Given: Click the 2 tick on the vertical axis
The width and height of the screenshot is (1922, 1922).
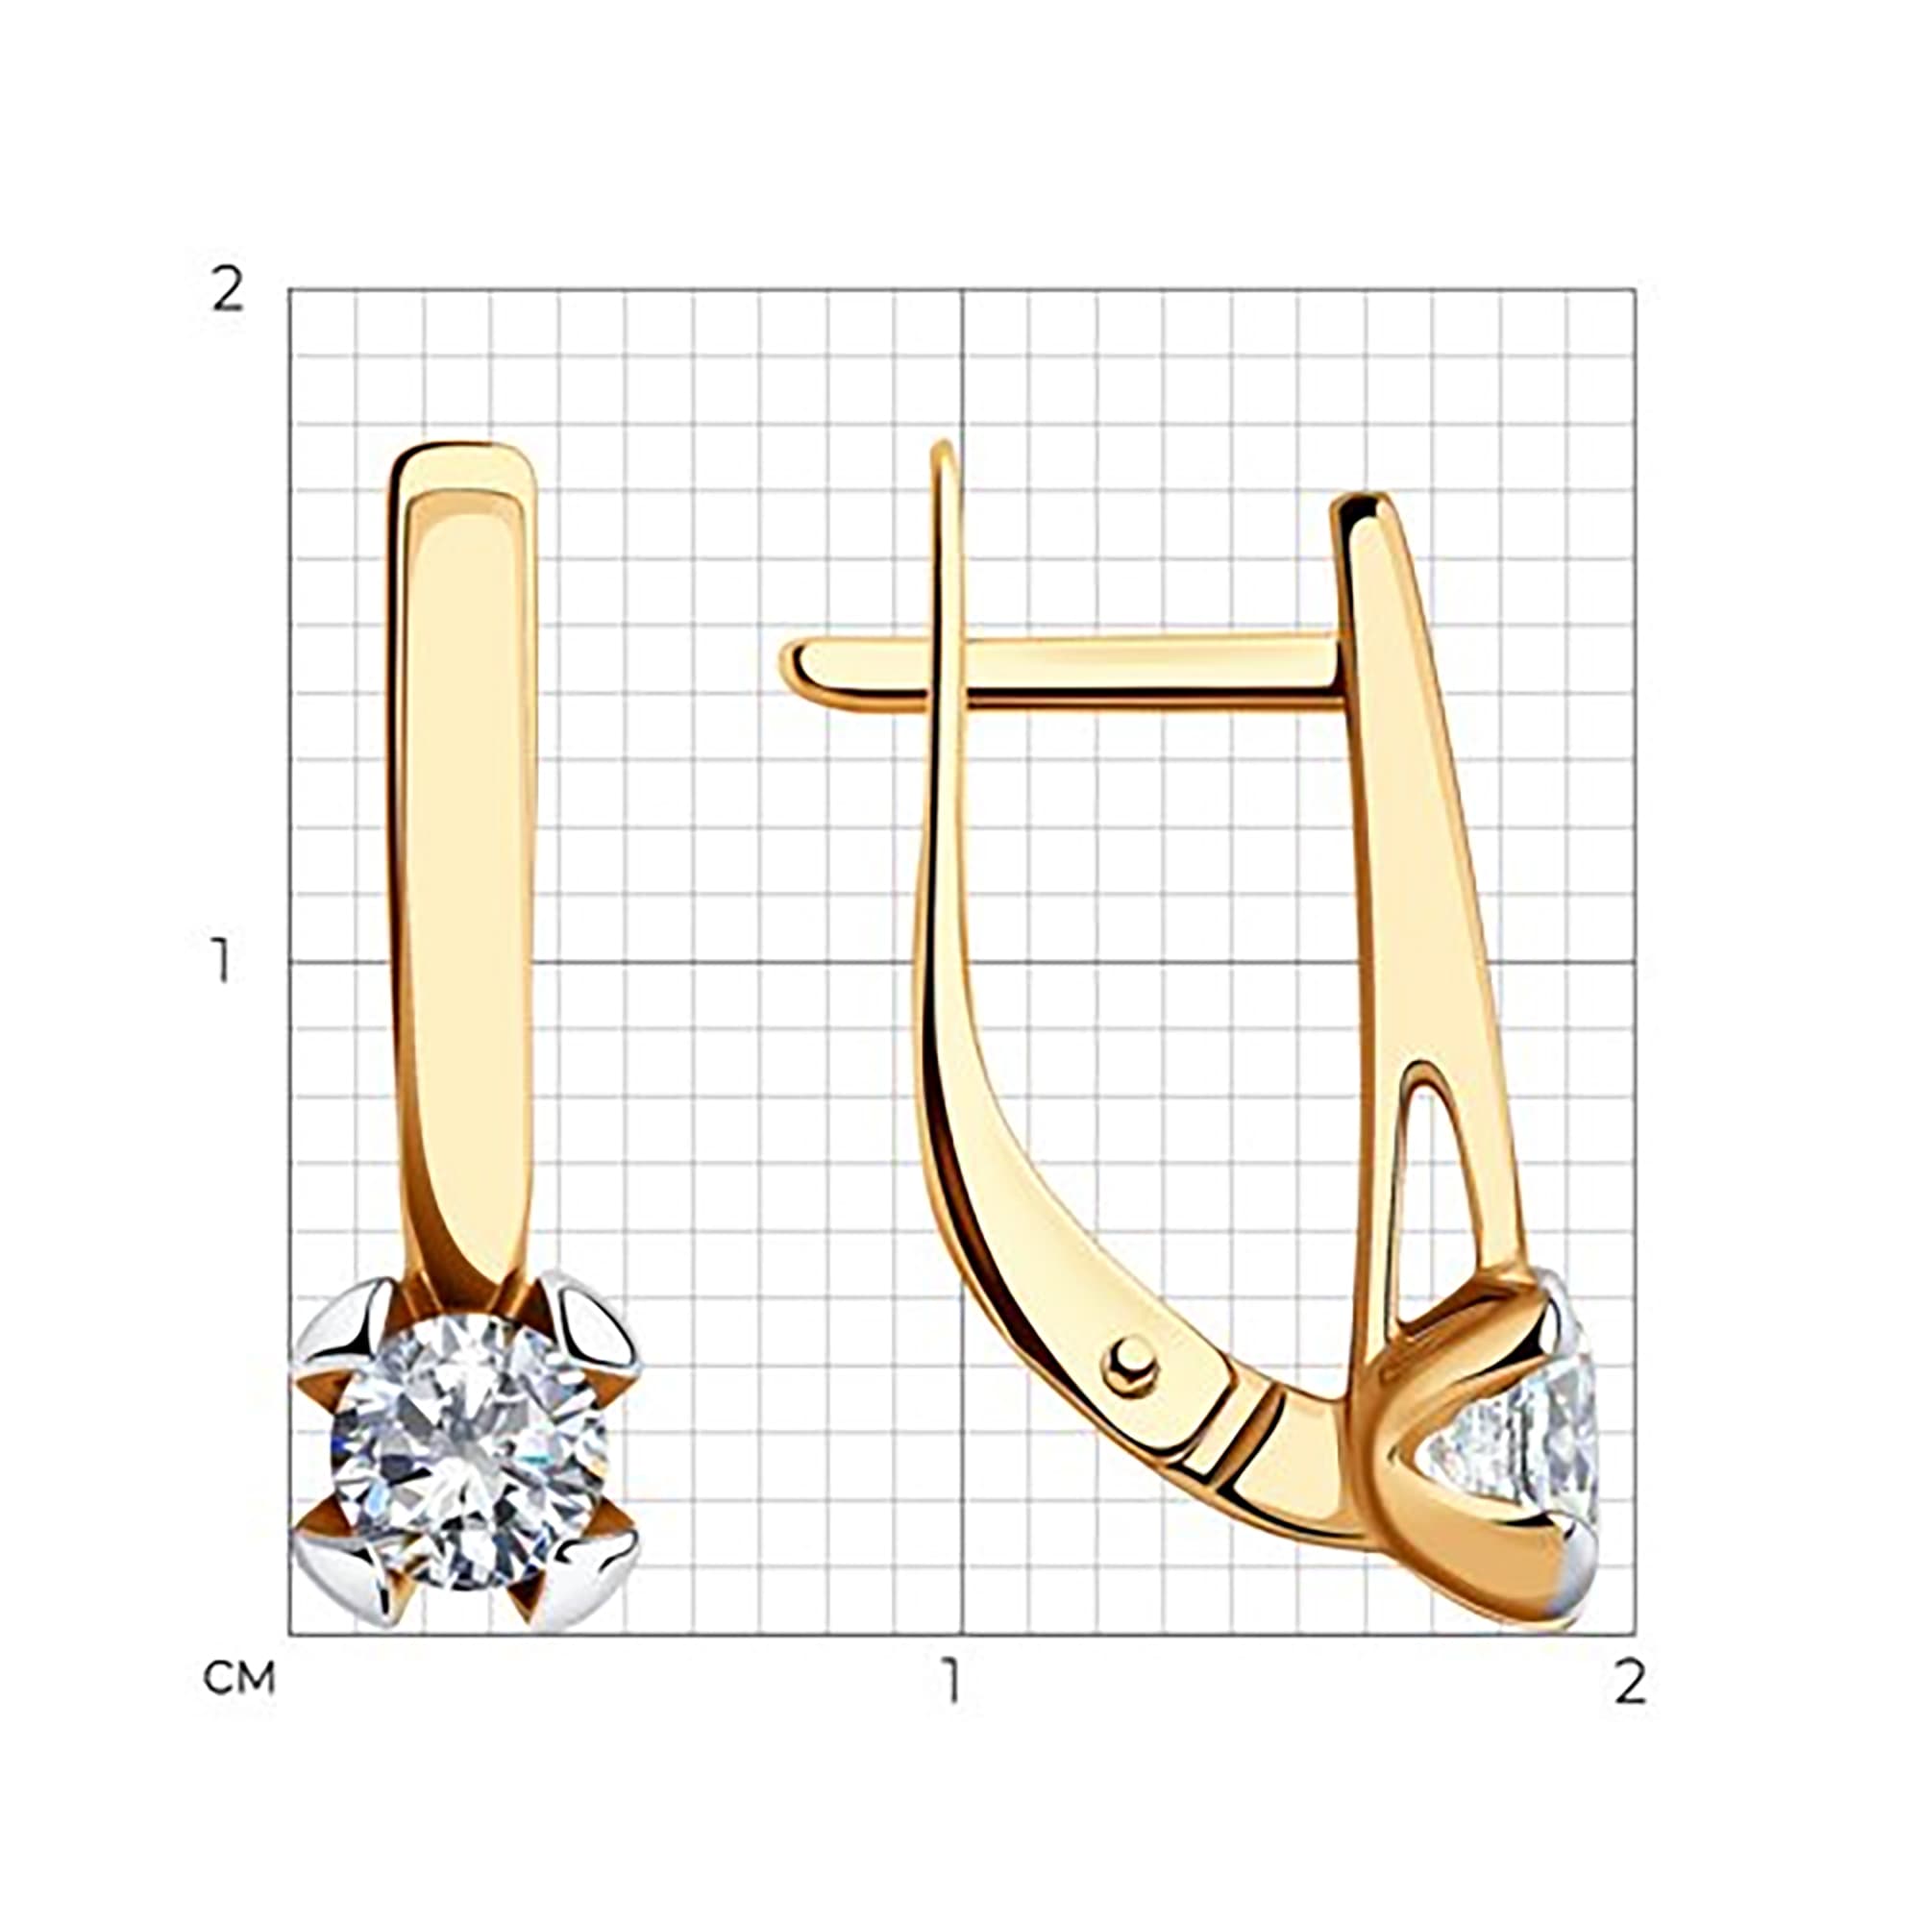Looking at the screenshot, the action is [229, 289].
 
